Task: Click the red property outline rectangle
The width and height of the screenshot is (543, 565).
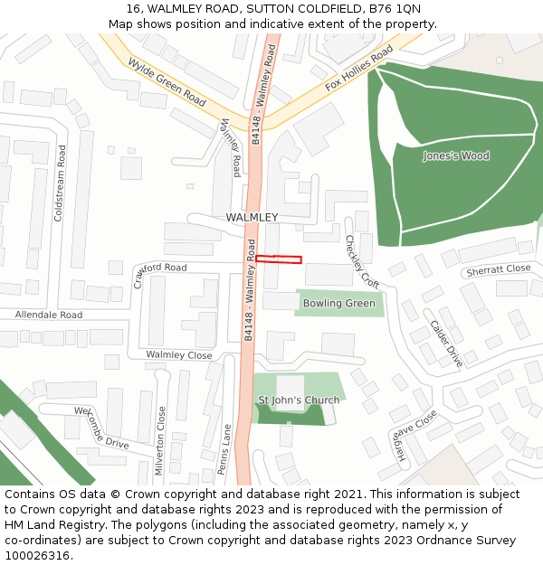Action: point(278,259)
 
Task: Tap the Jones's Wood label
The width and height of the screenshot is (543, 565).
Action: point(455,155)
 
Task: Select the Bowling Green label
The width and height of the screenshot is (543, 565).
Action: point(338,303)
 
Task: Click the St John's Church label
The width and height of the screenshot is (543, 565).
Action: point(299,400)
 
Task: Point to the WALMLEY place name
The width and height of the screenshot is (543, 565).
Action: point(252,218)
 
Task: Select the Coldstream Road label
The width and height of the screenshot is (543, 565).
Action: point(61,184)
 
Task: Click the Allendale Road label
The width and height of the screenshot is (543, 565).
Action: point(48,315)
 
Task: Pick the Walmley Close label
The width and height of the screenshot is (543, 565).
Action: point(179,355)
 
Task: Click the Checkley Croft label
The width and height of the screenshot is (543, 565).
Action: point(361,261)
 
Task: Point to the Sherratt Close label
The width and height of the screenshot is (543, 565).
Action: point(498,269)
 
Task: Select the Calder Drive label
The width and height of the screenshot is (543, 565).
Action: point(445,344)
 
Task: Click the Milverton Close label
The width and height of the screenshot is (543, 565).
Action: point(161,439)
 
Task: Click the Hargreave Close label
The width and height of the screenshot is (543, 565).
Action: point(415,436)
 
